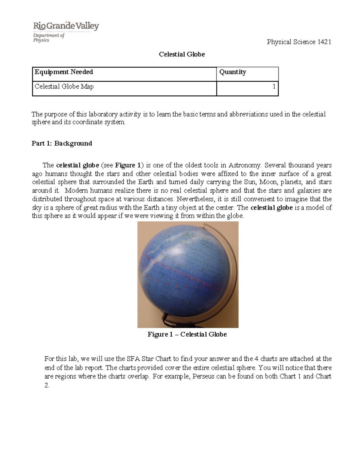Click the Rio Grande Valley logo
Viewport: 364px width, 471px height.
pos(66,26)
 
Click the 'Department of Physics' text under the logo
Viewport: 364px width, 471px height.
pos(49,38)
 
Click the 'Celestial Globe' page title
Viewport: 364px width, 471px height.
pos(182,54)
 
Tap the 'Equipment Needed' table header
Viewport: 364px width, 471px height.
pos(64,72)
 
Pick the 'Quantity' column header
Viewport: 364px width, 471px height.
pos(232,72)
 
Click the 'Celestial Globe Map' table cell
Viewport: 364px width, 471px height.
pos(64,87)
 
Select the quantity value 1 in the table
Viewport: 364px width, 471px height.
pos(274,87)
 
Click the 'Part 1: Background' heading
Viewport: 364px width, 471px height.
pos(62,143)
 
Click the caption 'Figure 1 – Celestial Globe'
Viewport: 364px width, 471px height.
pos(187,335)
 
